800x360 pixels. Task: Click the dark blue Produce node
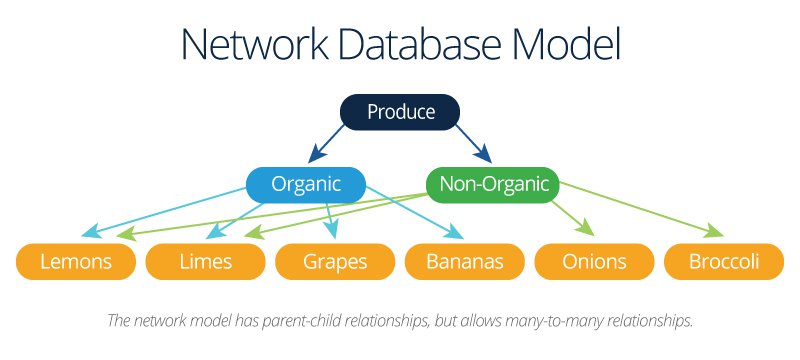point(400,112)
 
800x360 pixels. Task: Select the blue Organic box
point(306,184)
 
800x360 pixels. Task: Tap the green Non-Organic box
point(493,184)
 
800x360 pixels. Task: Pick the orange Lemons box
point(75,262)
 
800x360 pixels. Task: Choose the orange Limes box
point(205,262)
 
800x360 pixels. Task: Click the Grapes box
point(335,262)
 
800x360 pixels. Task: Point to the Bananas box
point(464,262)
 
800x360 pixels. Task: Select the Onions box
point(594,262)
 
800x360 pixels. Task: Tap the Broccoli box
point(723,262)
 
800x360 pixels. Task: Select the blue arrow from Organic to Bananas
point(415,212)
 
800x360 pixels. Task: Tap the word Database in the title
point(432,47)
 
